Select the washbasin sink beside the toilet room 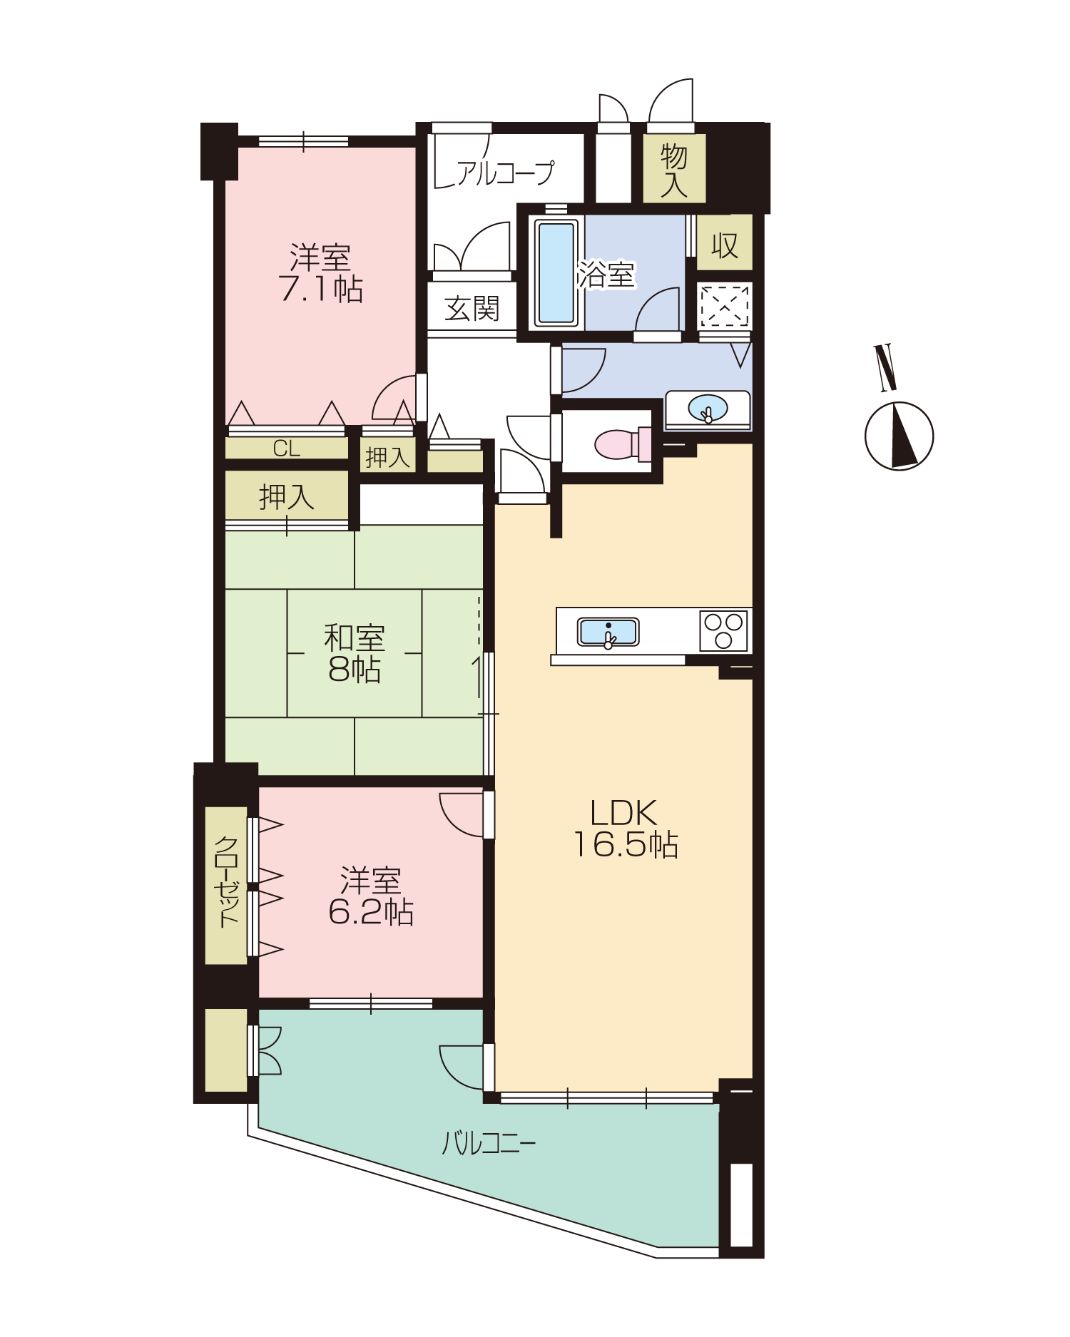pyautogui.click(x=708, y=409)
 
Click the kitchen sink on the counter pyautogui.click(x=608, y=632)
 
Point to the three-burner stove pyautogui.click(x=723, y=631)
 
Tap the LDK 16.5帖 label pyautogui.click(x=626, y=829)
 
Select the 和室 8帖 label pyautogui.click(x=355, y=654)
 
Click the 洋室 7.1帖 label pyautogui.click(x=321, y=273)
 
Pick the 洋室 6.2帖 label pyautogui.click(x=371, y=896)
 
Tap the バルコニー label pyautogui.click(x=489, y=1143)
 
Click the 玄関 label pyautogui.click(x=472, y=309)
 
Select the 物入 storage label pyautogui.click(x=674, y=170)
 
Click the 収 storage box pyautogui.click(x=724, y=242)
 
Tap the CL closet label pyautogui.click(x=287, y=449)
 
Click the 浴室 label pyautogui.click(x=606, y=275)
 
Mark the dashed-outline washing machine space pyautogui.click(x=725, y=307)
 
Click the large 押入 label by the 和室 pyautogui.click(x=287, y=497)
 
